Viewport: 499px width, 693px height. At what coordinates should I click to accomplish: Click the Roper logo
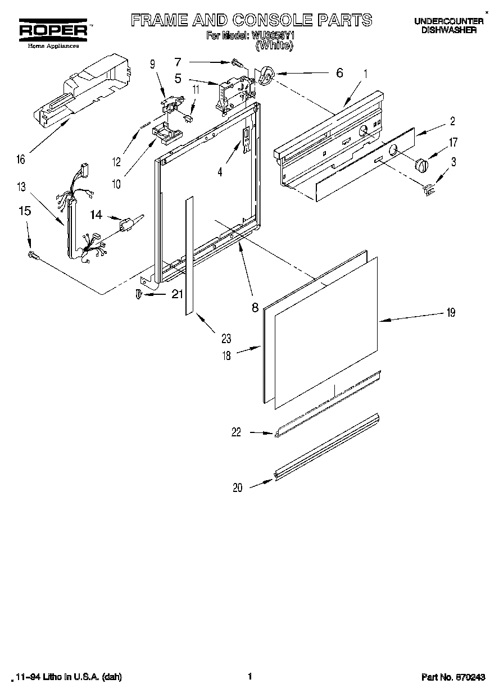[53, 30]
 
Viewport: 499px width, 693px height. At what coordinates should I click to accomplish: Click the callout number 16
[21, 160]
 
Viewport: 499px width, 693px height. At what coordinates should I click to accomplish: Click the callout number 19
[450, 313]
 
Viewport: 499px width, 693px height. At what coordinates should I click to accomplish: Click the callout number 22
[236, 432]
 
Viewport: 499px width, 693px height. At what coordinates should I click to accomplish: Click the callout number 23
[226, 339]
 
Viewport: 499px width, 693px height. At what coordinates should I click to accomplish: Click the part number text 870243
[469, 677]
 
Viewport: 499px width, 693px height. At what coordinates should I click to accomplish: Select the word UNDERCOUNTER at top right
[448, 21]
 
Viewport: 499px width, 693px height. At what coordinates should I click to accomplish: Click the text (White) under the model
[274, 46]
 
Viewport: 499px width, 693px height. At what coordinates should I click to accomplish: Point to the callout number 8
[255, 307]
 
